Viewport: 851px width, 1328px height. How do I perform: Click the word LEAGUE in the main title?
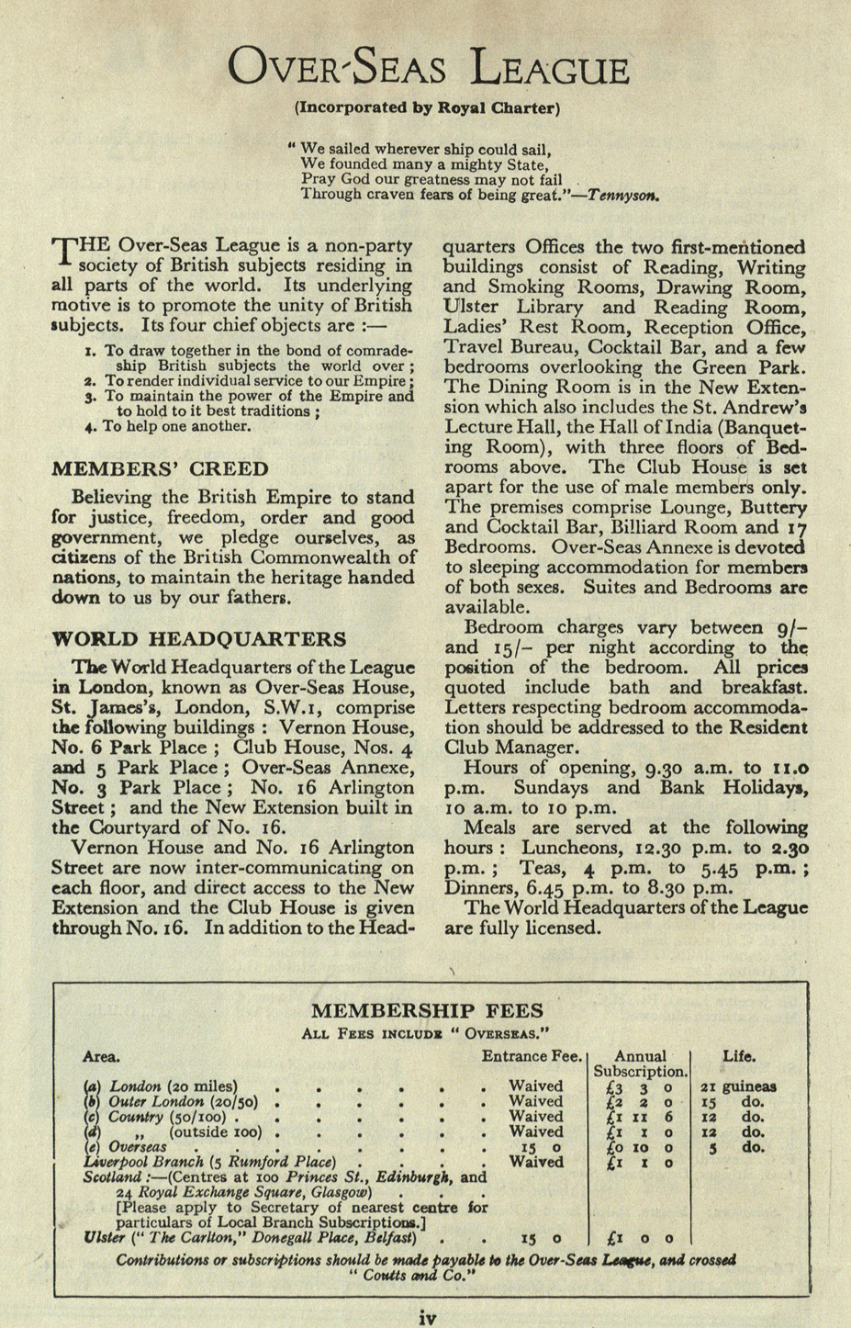click(549, 70)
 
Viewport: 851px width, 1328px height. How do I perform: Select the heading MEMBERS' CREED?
click(160, 469)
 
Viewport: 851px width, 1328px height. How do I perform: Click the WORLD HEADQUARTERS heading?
click(199, 639)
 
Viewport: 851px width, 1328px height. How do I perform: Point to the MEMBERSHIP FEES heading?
click(427, 1011)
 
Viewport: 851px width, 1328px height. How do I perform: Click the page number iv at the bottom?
click(426, 1318)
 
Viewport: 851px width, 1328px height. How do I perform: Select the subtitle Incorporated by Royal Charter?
click(426, 107)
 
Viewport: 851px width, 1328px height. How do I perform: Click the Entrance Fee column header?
click(532, 1056)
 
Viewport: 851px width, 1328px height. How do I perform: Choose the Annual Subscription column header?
click(640, 1064)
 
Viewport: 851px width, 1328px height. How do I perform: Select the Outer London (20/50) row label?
click(183, 1101)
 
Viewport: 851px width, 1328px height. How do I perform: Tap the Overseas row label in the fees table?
click(137, 1147)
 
